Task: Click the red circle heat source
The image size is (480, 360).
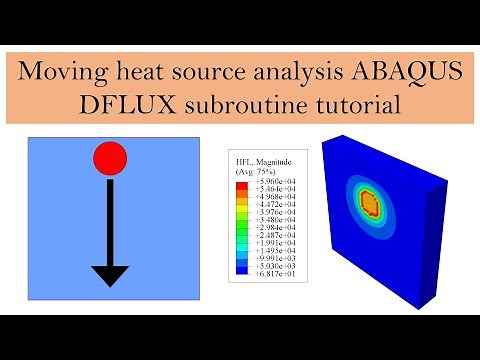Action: click(110, 157)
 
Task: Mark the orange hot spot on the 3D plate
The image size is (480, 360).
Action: click(368, 203)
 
